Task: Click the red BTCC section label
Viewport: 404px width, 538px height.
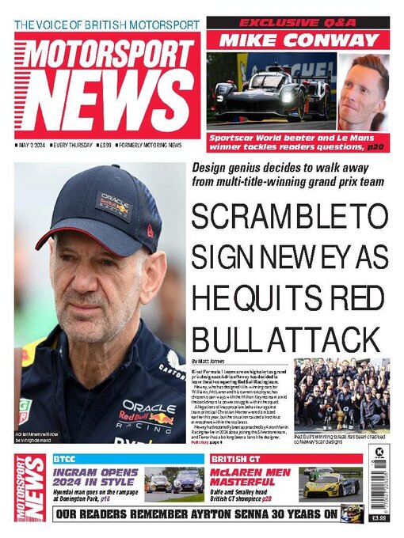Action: (65, 459)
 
